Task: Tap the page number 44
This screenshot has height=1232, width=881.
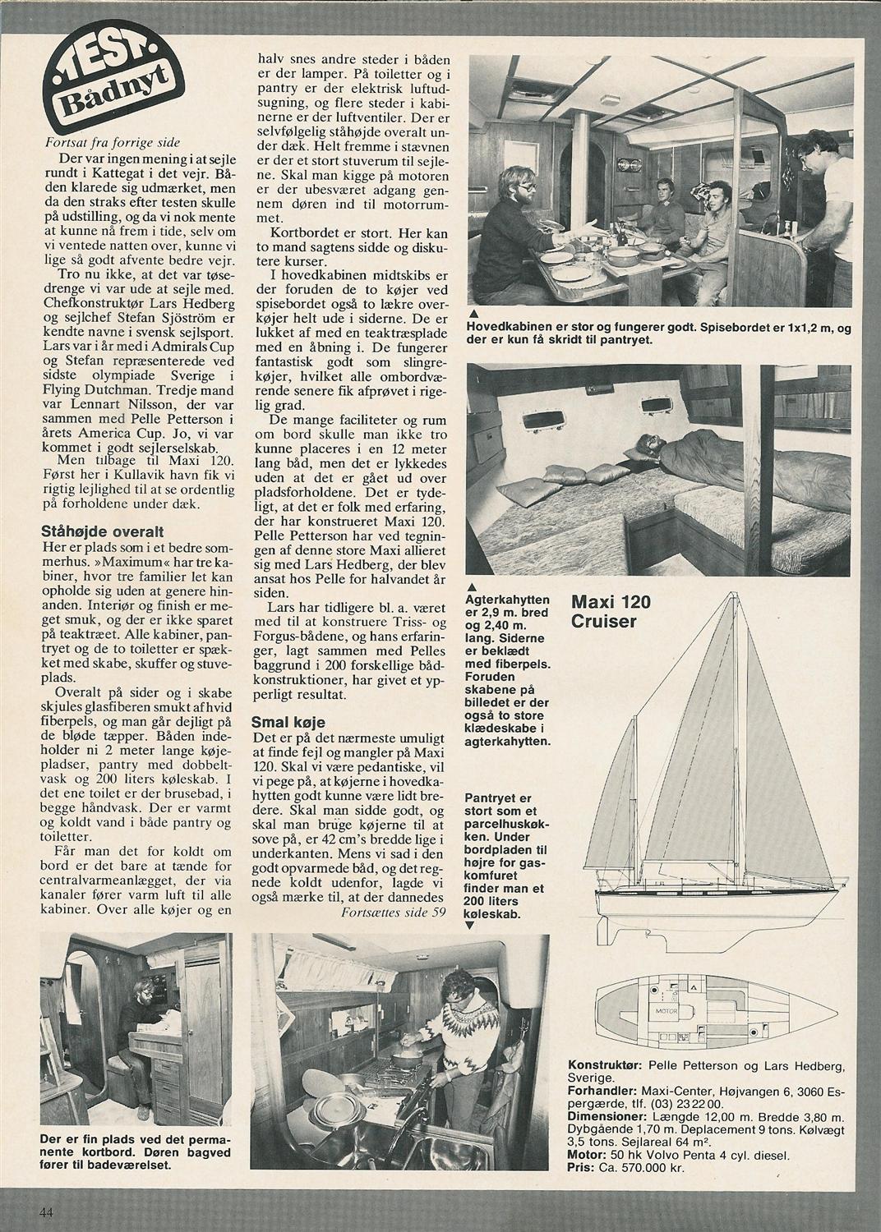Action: [46, 1214]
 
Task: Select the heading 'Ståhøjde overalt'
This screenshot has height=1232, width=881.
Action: [103, 532]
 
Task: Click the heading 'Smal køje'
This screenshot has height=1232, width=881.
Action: [288, 722]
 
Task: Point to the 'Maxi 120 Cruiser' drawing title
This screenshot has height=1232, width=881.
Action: [611, 611]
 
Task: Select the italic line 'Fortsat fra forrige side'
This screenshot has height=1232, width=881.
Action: [113, 143]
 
